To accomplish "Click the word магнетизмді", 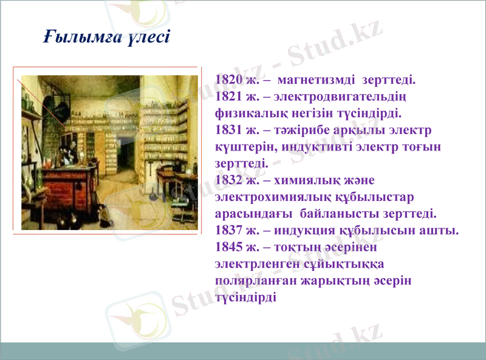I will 317,80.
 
